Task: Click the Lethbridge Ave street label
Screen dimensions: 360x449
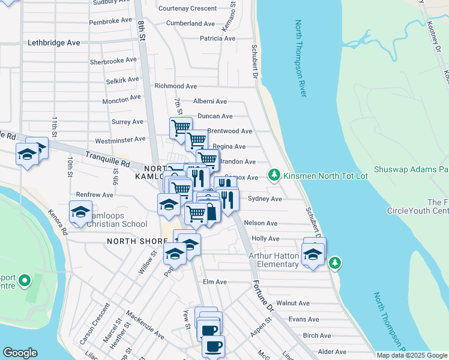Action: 53,43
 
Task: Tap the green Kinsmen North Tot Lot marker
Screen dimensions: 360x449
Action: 274,175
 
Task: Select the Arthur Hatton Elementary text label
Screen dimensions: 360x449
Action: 274,260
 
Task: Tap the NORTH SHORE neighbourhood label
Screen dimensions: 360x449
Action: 137,241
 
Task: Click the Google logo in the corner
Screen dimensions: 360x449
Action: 20,353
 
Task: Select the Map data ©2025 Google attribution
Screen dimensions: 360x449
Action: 412,355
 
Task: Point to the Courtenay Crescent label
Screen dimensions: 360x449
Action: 187,8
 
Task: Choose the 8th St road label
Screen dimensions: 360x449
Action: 142,28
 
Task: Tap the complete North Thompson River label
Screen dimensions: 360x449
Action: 301,59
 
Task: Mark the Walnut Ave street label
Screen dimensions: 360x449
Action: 292,304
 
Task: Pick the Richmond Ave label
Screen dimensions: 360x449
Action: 175,86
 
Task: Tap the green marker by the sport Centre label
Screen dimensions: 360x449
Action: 24,280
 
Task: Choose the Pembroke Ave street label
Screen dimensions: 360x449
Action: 110,20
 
